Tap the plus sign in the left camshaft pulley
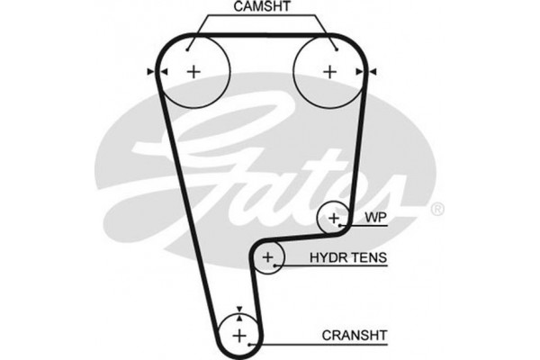pos(193,71)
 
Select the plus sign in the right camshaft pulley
pos(329,71)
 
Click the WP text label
pos(375,218)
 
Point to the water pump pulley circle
pos(334,218)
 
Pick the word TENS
pos(371,258)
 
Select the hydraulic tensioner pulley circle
pos(268,259)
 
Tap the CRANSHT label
pos(354,335)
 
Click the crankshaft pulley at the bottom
pos(239,335)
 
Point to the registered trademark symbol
pos(437,210)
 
